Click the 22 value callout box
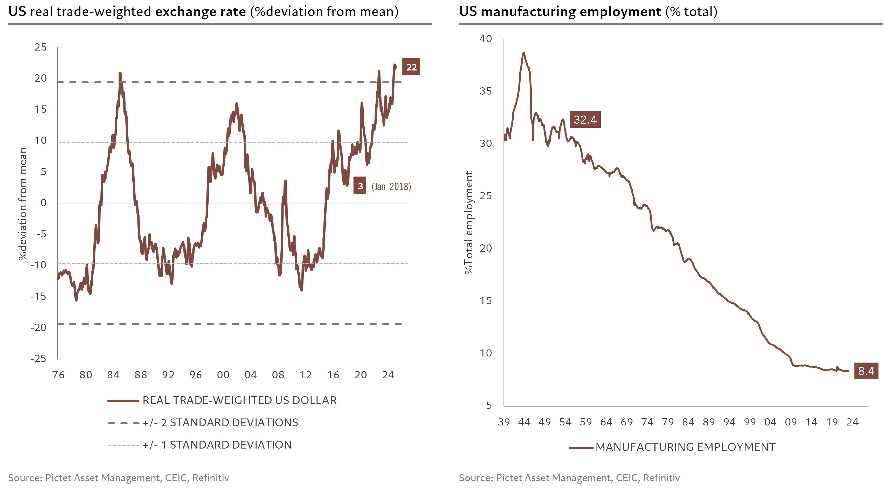[x=411, y=67]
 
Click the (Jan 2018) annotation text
[x=391, y=187]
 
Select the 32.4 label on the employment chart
[x=585, y=120]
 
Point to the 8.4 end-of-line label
[x=866, y=371]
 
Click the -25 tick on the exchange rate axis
[x=38, y=359]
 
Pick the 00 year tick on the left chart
[x=223, y=375]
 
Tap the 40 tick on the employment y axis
[x=486, y=39]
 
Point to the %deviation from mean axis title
[x=23, y=204]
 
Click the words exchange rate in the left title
[x=201, y=12]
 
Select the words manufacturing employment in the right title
[x=571, y=12]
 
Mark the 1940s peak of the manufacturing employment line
[x=523, y=53]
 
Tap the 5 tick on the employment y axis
[x=489, y=405]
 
